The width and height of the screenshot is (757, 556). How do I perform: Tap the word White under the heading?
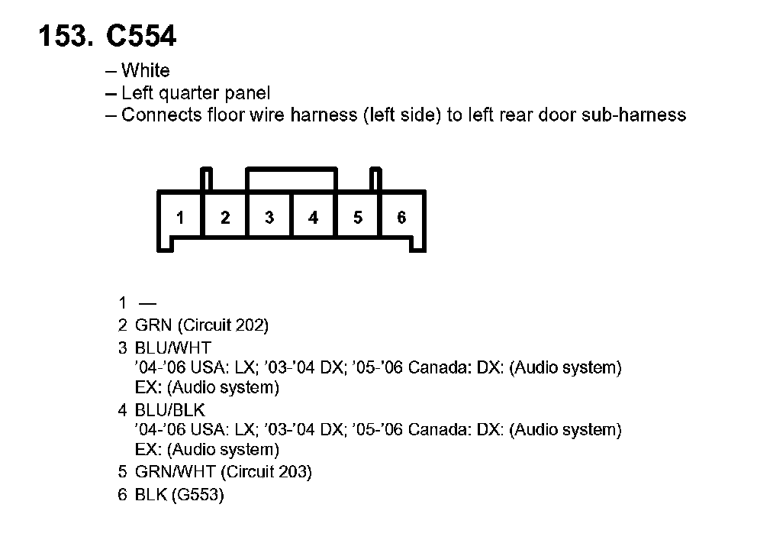[x=146, y=71]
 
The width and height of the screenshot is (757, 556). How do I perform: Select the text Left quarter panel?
[x=195, y=93]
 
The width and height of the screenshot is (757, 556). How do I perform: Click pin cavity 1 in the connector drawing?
[x=180, y=218]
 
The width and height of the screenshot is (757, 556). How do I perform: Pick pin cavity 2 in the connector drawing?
[x=225, y=218]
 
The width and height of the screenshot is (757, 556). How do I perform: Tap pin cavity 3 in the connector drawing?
[x=269, y=218]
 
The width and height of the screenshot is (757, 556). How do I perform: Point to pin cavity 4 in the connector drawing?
[x=313, y=218]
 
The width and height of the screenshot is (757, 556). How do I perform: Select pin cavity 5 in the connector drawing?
[x=358, y=218]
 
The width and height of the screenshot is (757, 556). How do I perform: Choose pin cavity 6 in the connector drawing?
[x=401, y=218]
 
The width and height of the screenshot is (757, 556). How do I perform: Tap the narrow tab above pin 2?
[x=206, y=179]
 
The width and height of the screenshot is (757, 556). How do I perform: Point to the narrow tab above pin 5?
[x=375, y=179]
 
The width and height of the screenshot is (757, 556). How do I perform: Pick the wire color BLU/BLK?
[x=170, y=410]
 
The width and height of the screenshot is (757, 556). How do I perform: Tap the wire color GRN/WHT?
[x=173, y=472]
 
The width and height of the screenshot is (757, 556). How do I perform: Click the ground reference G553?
[x=198, y=495]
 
